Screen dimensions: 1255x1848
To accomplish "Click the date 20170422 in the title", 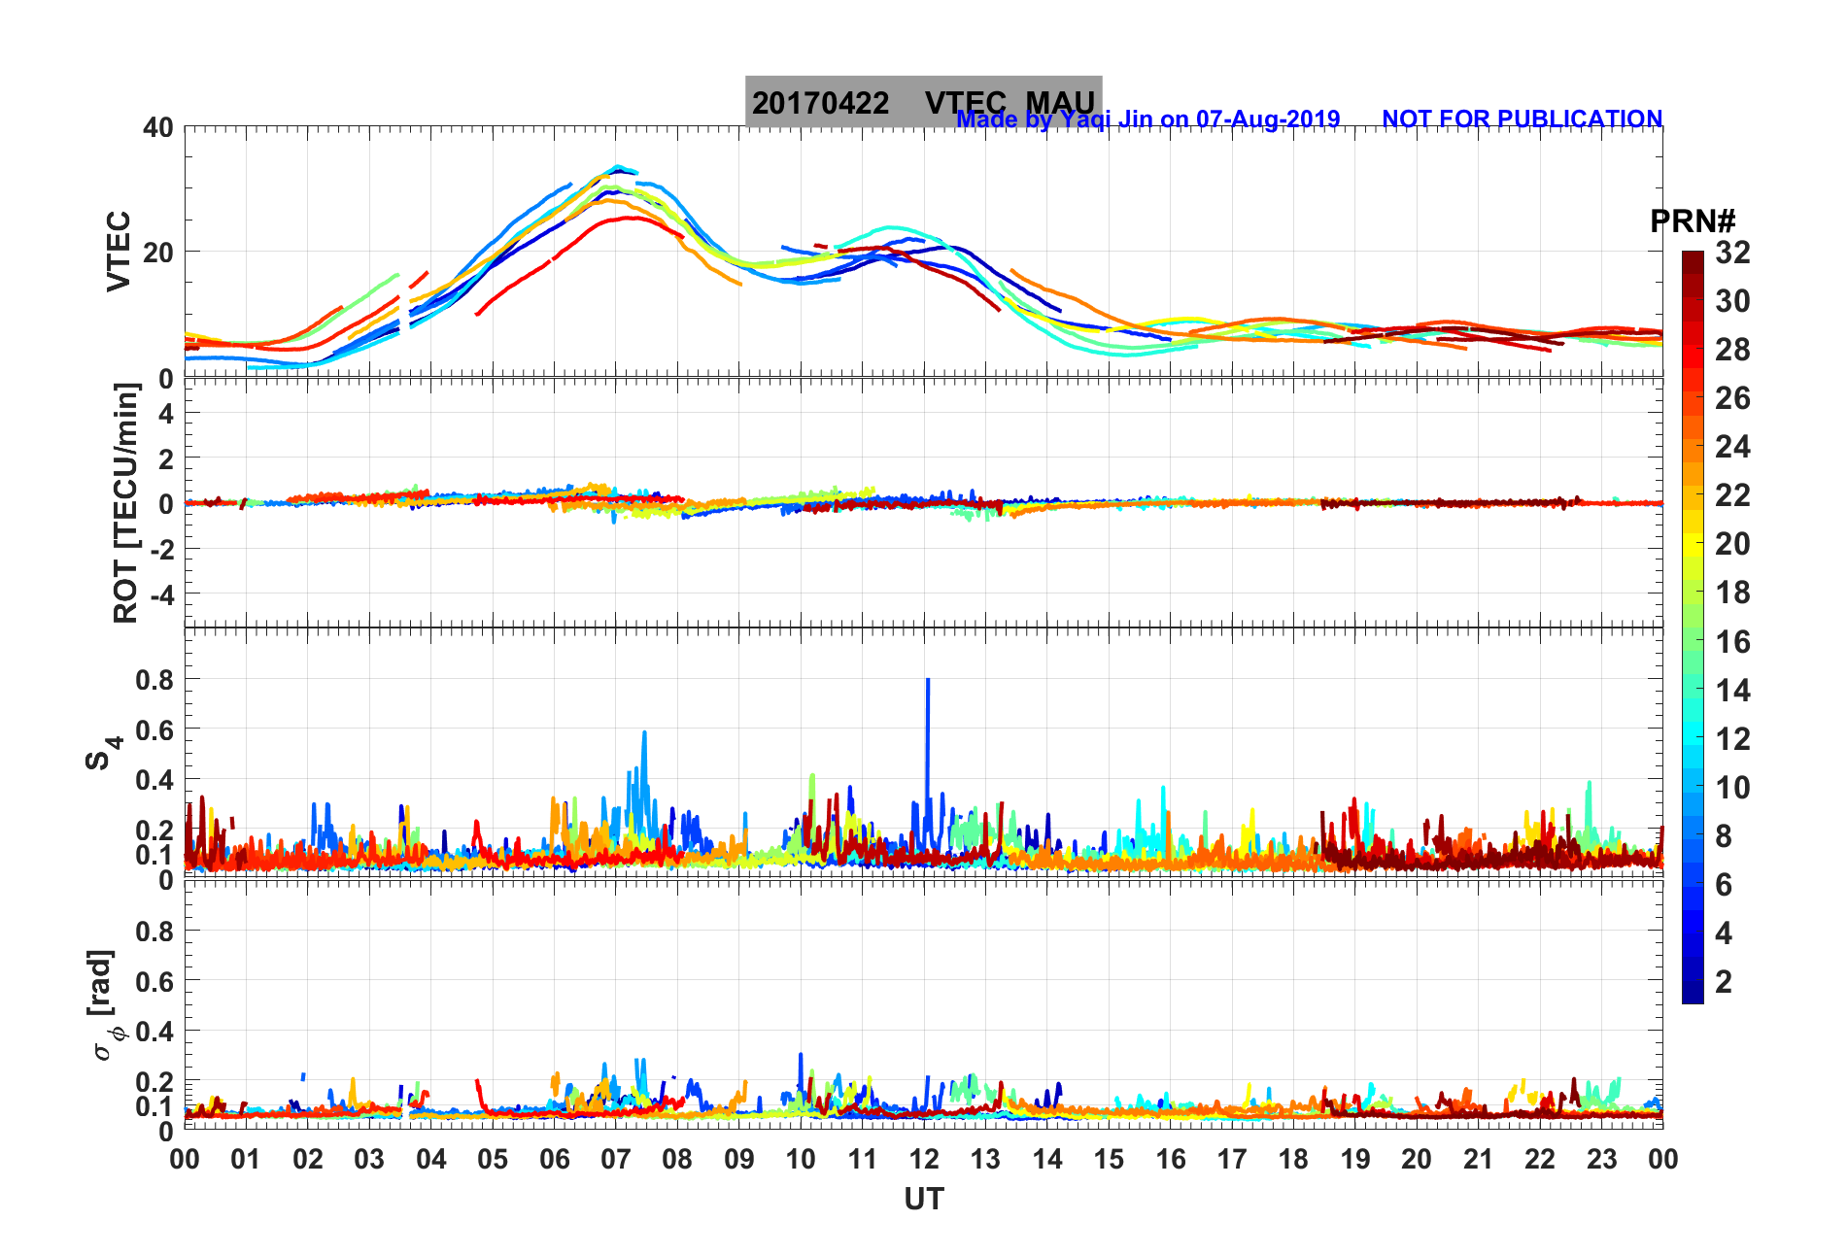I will pyautogui.click(x=820, y=103).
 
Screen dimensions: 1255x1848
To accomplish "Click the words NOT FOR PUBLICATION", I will pyautogui.click(x=1522, y=119).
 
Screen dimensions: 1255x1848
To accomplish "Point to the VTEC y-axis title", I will pyautogui.click(x=118, y=251).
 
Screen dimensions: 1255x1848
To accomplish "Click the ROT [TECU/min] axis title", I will pyautogui.click(x=125, y=502).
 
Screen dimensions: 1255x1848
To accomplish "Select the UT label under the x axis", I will pyautogui.click(x=923, y=1200).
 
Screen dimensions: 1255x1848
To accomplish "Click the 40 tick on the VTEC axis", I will pyautogui.click(x=157, y=127).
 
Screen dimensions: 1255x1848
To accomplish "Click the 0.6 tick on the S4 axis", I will pyautogui.click(x=154, y=729).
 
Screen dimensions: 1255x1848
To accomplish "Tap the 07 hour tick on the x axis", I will pyautogui.click(x=616, y=1159).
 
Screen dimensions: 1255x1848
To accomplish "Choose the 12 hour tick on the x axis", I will pyautogui.click(x=924, y=1159).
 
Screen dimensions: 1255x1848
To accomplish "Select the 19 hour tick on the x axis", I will pyautogui.click(x=1355, y=1159).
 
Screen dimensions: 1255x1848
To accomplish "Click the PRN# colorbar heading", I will pyautogui.click(x=1693, y=221).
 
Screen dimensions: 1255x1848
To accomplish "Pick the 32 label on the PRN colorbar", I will pyautogui.click(x=1732, y=253).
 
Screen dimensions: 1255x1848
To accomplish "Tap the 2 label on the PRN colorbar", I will pyautogui.click(x=1724, y=981).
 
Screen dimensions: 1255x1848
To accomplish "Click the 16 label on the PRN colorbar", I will pyautogui.click(x=1732, y=641).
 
